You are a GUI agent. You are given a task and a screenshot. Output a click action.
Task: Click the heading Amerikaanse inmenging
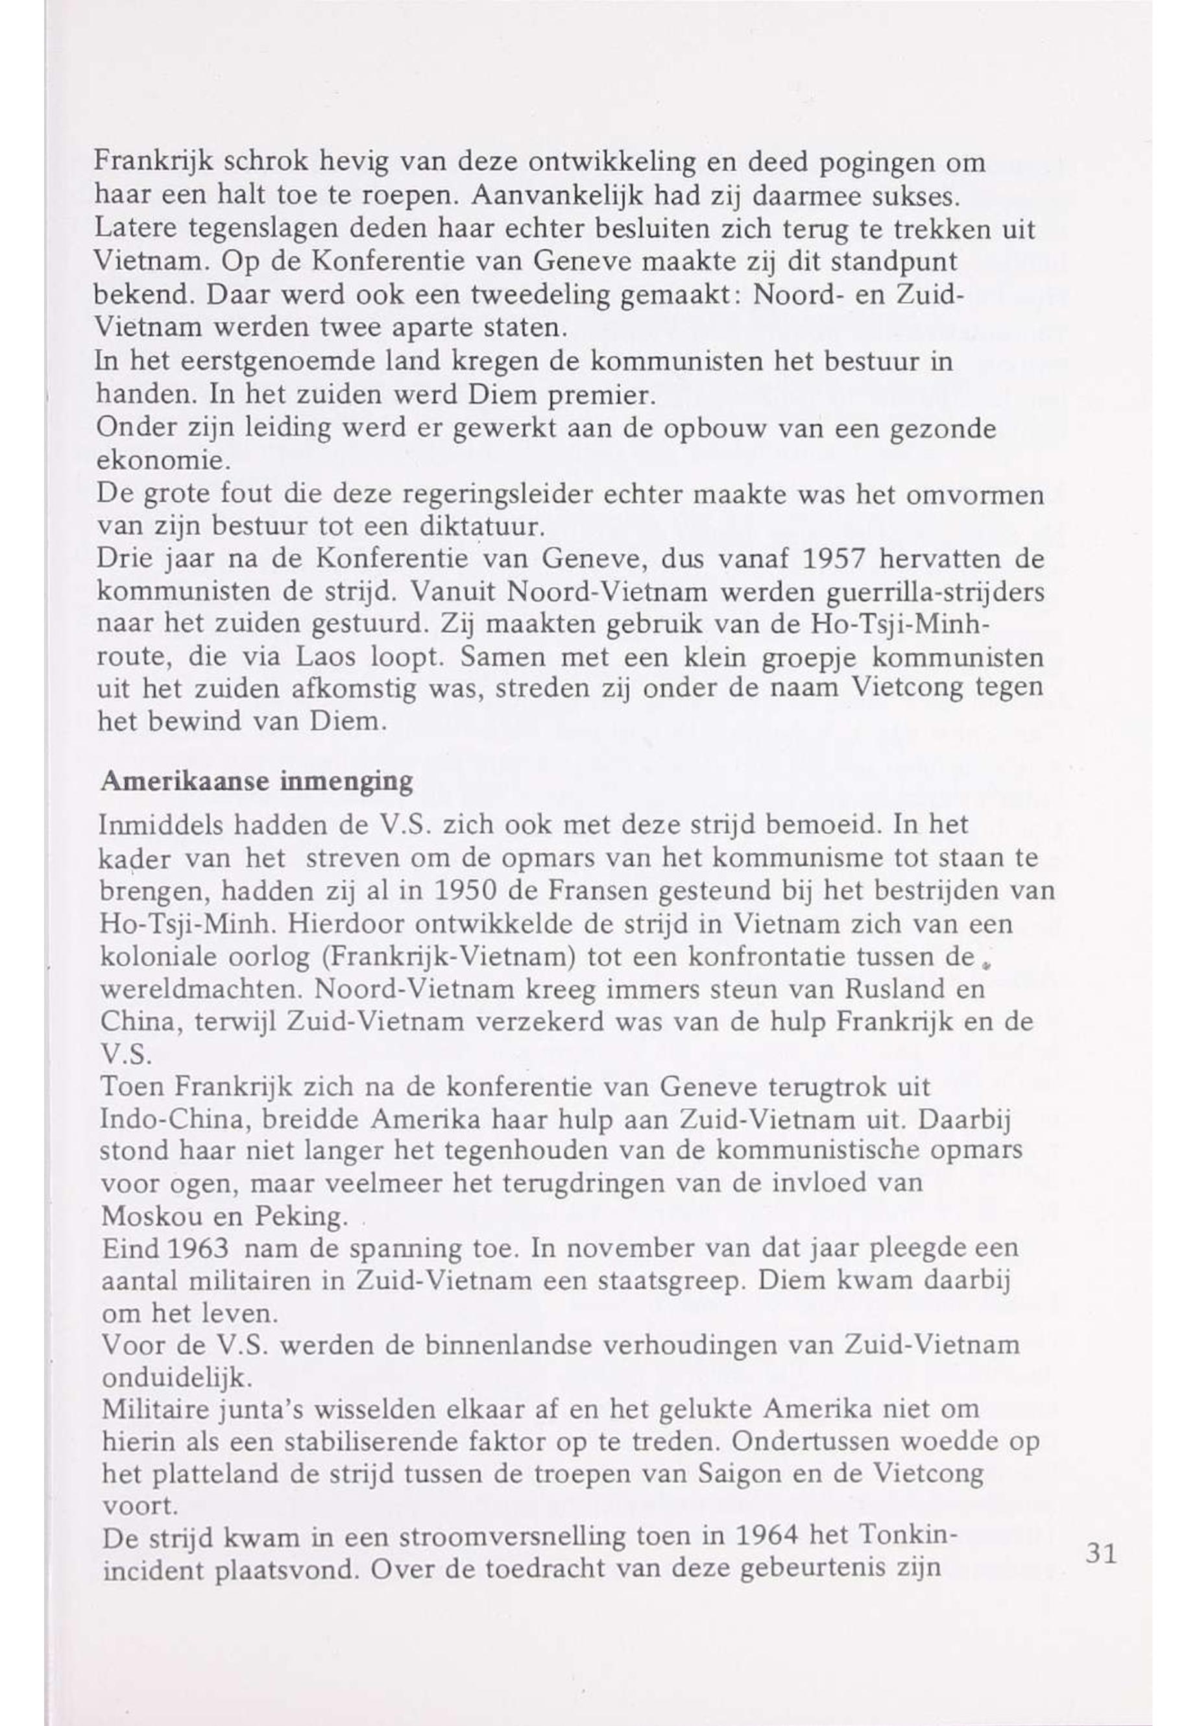pyautogui.click(x=256, y=782)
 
